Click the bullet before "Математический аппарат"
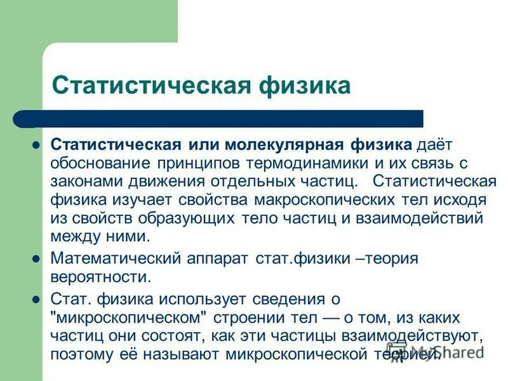(36, 259)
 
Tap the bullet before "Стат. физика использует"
(36, 299)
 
